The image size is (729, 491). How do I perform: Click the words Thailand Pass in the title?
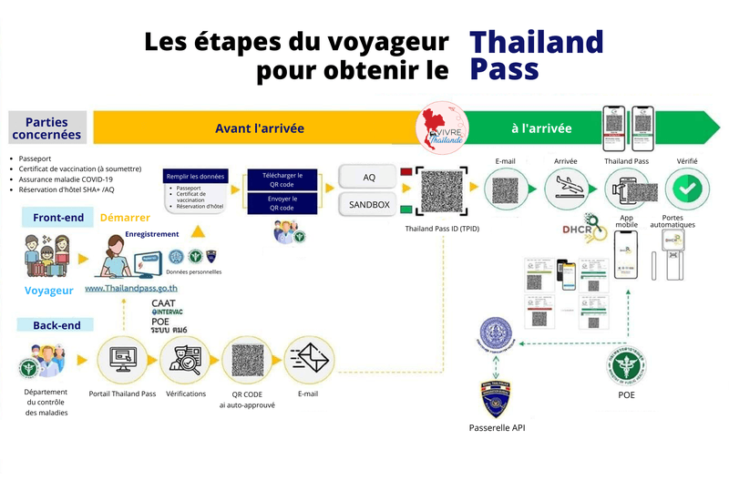click(x=536, y=56)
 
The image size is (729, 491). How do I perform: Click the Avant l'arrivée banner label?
click(x=260, y=128)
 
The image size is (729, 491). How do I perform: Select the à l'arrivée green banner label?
click(x=541, y=128)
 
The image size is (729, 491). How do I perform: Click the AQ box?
click(x=368, y=176)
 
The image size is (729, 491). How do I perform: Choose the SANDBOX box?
click(x=368, y=205)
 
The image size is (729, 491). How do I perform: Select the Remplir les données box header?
click(x=194, y=177)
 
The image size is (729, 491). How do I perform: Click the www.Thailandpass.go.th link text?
click(x=131, y=288)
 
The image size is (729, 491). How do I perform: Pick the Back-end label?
click(x=56, y=324)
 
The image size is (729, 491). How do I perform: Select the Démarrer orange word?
click(x=125, y=219)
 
